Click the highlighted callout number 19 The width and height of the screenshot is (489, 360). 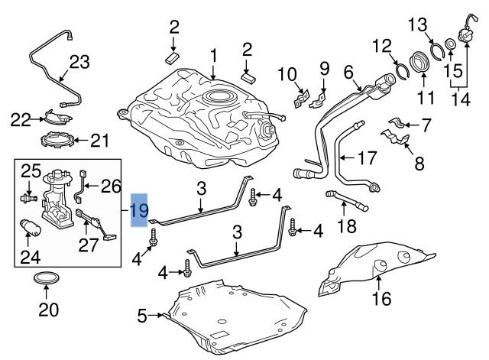139,211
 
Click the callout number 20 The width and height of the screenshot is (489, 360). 47,310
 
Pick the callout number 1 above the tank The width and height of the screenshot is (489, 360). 213,55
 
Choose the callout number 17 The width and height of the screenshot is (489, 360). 368,159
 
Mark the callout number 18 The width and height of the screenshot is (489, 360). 347,225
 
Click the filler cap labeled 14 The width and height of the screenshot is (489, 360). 464,34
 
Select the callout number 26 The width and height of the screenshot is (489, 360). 112,186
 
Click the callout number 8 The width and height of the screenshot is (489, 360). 418,163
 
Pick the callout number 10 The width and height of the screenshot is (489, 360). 286,74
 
